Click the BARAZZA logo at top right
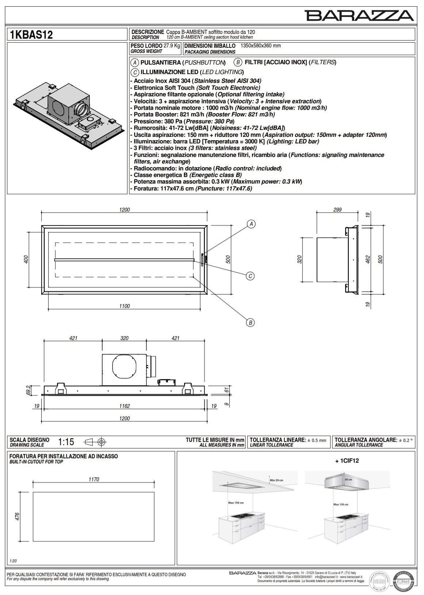(x=359, y=16)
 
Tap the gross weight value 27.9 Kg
(x=172, y=46)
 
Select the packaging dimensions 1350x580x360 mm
(x=260, y=46)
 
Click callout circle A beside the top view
(x=251, y=224)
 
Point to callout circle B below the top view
(x=250, y=322)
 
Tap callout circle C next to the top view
(x=250, y=276)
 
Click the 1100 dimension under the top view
(x=125, y=306)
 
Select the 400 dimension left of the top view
(x=26, y=259)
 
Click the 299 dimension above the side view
(x=337, y=210)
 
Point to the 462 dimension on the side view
(x=368, y=259)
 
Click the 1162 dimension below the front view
(x=125, y=406)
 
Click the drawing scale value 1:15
(x=66, y=442)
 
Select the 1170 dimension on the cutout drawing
(x=94, y=479)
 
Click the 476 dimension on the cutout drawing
(x=17, y=517)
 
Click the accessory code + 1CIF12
(x=347, y=460)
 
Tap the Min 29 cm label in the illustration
(x=276, y=480)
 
